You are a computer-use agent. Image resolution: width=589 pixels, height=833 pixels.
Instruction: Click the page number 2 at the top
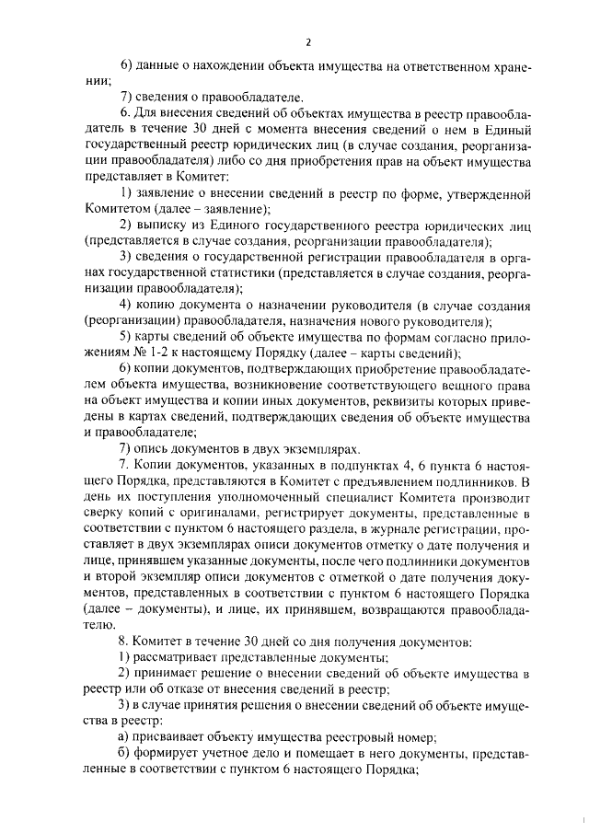309,41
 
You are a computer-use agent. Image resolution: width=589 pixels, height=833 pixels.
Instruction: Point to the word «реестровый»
370,736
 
